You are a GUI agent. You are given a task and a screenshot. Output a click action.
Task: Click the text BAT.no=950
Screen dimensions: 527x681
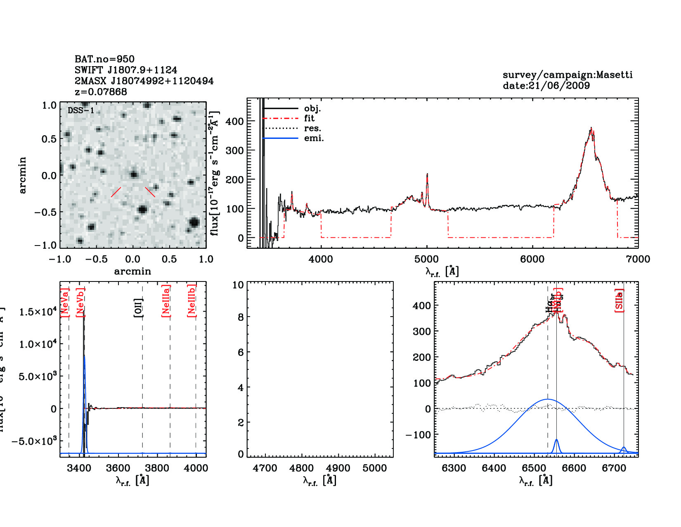click(x=104, y=59)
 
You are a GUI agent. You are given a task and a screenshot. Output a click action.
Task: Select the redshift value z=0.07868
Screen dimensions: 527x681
click(x=101, y=92)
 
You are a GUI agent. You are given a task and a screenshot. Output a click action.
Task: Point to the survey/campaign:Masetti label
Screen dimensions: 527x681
click(x=567, y=75)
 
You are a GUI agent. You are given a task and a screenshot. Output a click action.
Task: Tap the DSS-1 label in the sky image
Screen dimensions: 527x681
click(x=81, y=110)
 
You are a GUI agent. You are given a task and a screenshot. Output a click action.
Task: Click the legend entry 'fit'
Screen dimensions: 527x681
click(x=309, y=118)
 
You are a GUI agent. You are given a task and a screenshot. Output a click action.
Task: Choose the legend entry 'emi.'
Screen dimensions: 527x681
click(x=314, y=138)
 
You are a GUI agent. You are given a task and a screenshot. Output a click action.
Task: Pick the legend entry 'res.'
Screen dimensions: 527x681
click(x=312, y=128)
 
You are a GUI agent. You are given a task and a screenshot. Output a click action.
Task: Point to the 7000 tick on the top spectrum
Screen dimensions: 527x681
click(x=638, y=259)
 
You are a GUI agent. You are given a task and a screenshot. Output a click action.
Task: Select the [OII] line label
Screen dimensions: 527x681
click(x=138, y=308)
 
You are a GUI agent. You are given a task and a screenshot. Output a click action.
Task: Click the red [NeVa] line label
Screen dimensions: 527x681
click(x=64, y=302)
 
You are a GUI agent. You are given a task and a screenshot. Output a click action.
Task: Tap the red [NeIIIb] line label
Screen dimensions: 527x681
click(x=191, y=300)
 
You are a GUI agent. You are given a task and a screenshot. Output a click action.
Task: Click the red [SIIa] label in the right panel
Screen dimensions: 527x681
click(x=619, y=300)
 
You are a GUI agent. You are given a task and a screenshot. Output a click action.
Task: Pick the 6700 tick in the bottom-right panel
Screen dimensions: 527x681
click(x=614, y=468)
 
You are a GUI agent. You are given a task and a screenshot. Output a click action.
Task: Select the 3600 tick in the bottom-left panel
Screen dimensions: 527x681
click(x=118, y=468)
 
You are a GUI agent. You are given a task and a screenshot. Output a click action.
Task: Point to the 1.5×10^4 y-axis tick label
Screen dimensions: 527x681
click(x=38, y=312)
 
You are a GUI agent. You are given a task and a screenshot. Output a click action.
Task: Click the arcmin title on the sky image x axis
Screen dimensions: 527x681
click(x=132, y=272)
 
